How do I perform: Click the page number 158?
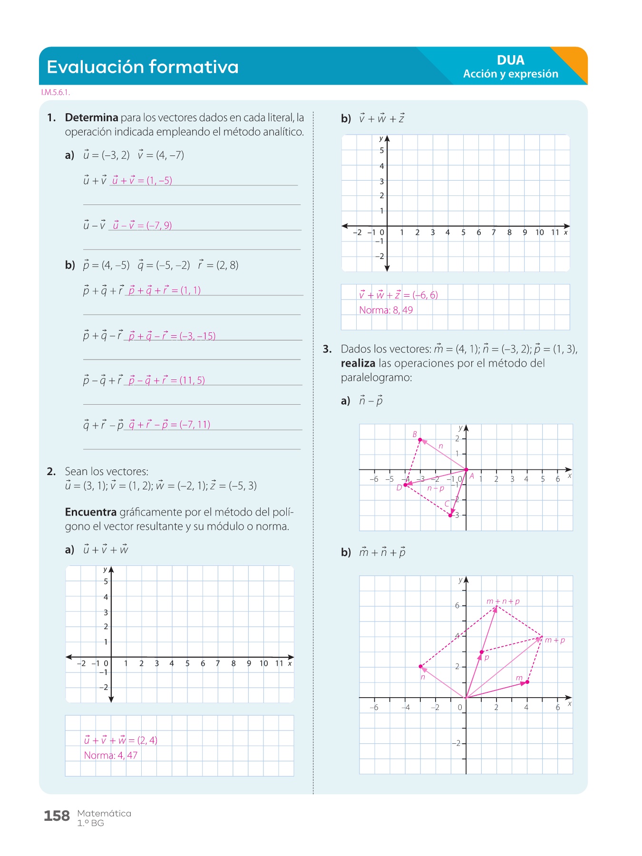click(57, 816)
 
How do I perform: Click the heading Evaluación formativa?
click(143, 67)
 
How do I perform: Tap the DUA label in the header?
click(510, 60)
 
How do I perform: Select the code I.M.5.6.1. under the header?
click(56, 92)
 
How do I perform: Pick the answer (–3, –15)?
click(197, 336)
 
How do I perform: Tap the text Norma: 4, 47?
click(111, 755)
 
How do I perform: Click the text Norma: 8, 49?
click(386, 310)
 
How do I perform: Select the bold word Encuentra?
click(90, 512)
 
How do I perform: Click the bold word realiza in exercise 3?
click(358, 363)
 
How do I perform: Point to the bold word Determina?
click(91, 117)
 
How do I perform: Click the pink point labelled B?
click(420, 440)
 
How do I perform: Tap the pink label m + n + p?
click(503, 601)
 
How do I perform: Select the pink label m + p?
click(554, 640)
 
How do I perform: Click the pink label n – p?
click(436, 488)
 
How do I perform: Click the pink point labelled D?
click(405, 485)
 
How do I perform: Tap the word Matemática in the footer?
click(104, 813)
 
